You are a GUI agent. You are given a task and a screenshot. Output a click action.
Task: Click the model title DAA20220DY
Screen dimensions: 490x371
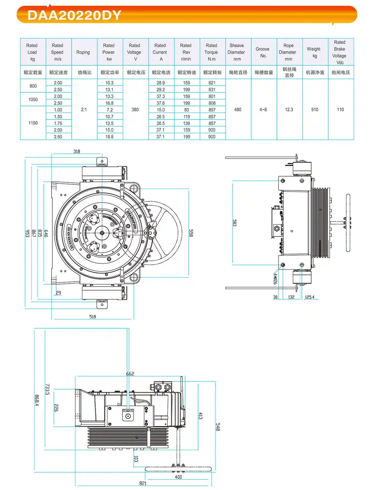pyautogui.click(x=74, y=15)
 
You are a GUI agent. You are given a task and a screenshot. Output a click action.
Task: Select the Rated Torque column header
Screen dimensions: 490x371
pyautogui.click(x=211, y=52)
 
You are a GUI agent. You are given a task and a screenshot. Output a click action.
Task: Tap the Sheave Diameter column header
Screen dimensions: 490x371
pyautogui.click(x=237, y=52)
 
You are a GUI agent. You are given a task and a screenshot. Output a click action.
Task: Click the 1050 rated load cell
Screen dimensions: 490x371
pyautogui.click(x=33, y=100)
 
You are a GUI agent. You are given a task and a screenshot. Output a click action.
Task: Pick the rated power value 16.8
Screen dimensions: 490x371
pyautogui.click(x=109, y=103)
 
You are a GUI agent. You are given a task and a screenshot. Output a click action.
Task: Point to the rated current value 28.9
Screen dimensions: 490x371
pyautogui.click(x=161, y=83)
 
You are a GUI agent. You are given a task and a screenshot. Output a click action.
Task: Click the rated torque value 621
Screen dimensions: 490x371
pyautogui.click(x=212, y=83)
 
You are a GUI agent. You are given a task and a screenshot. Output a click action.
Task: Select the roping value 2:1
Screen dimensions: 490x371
pyautogui.click(x=84, y=110)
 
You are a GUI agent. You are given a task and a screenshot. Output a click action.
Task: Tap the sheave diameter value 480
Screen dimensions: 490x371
pyautogui.click(x=238, y=110)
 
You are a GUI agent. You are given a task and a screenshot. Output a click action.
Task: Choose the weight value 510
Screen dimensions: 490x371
pyautogui.click(x=315, y=110)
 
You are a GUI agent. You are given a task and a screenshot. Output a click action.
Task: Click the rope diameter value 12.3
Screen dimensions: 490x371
pyautogui.click(x=289, y=110)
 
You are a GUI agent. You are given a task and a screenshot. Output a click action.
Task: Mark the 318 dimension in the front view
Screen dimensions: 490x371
pyautogui.click(x=77, y=151)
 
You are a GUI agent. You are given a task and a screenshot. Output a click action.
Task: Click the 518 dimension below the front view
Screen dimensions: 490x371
pyautogui.click(x=93, y=317)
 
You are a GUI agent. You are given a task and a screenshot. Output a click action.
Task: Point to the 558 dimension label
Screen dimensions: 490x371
pyautogui.click(x=191, y=233)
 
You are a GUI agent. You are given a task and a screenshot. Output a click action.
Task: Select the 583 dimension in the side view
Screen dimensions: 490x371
pyautogui.click(x=235, y=223)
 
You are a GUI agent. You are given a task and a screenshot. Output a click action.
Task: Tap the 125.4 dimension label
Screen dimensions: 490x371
pyautogui.click(x=310, y=297)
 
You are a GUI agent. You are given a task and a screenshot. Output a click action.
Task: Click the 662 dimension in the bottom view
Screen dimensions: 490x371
pyautogui.click(x=130, y=374)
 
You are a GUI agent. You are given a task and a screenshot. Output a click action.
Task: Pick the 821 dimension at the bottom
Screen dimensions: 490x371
pyautogui.click(x=143, y=483)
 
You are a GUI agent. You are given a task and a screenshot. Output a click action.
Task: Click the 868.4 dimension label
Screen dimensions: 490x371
pyautogui.click(x=37, y=400)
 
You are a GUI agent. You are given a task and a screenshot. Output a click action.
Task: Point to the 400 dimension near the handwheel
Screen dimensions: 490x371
pyautogui.click(x=178, y=477)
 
